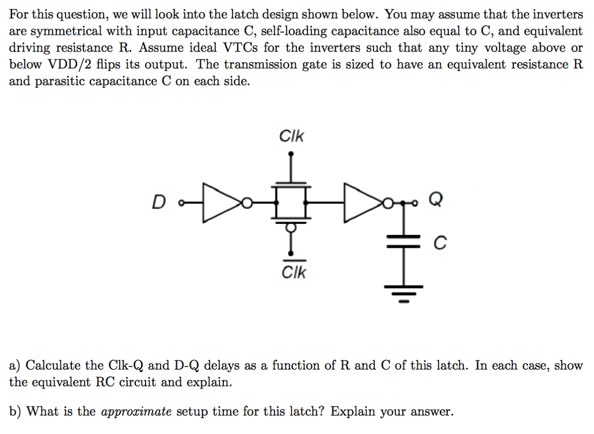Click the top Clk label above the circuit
291,137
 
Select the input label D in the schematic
158,202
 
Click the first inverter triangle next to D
220,202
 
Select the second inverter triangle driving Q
362,202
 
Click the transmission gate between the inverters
291,202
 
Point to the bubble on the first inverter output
247,202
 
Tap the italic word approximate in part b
136,412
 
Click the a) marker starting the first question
15,366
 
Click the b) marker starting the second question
15,412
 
